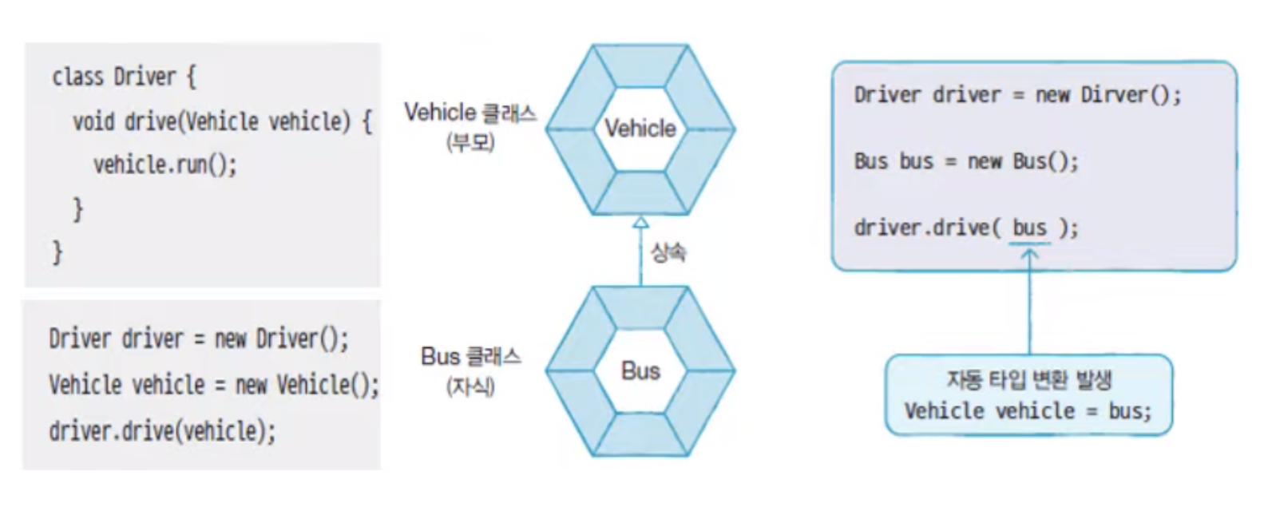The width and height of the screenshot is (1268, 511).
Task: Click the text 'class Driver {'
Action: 124,77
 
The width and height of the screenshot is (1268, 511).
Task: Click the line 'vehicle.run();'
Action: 165,164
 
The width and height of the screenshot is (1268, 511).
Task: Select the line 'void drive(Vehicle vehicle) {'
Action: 222,121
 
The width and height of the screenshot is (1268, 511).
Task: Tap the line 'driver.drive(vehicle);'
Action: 162,431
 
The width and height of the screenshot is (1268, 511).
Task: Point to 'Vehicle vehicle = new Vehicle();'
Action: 213,385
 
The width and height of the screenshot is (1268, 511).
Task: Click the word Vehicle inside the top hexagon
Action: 640,129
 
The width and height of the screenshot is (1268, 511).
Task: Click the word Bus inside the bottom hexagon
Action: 640,371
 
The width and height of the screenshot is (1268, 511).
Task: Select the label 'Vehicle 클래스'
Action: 470,113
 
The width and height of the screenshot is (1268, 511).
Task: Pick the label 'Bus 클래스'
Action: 470,356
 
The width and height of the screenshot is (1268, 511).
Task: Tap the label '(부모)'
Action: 470,143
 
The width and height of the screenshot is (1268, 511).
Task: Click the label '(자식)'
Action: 470,387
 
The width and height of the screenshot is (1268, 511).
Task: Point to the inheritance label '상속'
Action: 668,253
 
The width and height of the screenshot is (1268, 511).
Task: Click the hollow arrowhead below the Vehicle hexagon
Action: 640,223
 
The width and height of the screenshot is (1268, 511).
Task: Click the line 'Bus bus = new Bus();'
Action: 966,161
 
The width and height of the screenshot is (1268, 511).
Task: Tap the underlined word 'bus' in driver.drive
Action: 1029,228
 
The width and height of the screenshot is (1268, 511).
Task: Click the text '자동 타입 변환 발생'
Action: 1028,379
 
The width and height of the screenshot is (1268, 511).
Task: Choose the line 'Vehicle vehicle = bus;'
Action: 1028,411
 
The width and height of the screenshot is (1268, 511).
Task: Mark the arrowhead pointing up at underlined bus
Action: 1029,255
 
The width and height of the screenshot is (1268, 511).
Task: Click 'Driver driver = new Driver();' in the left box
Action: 199,339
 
